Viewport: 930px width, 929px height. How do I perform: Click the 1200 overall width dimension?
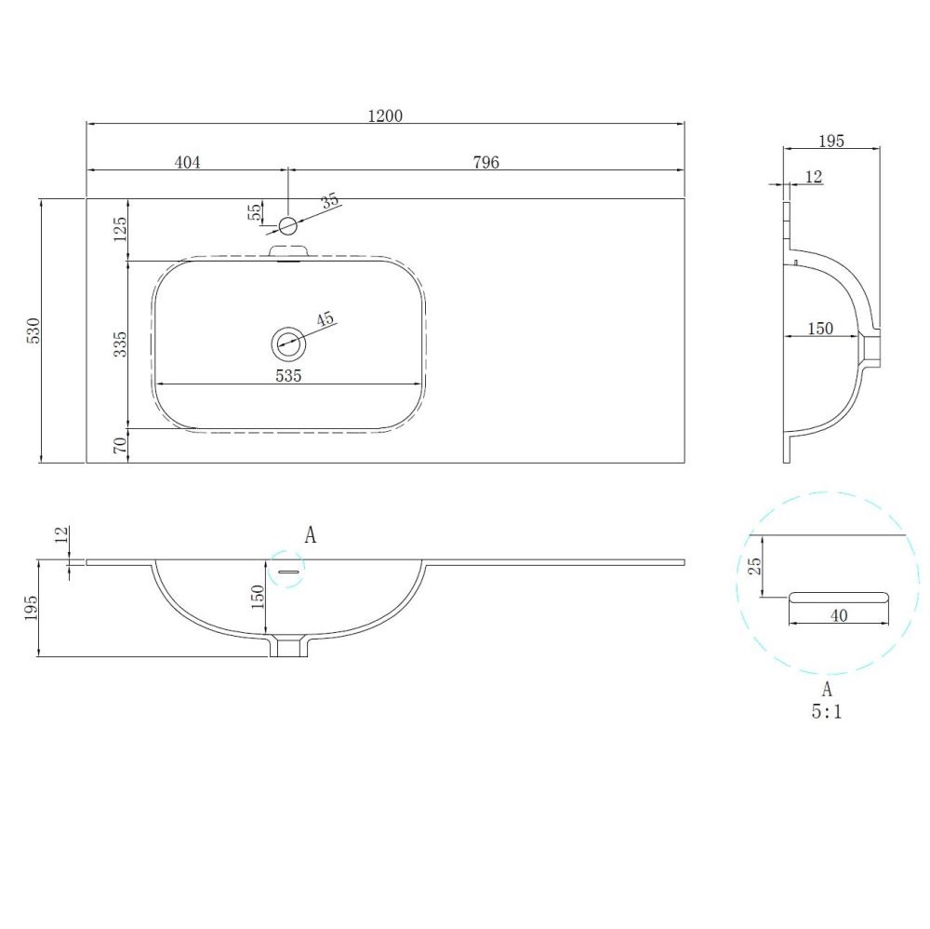click(386, 115)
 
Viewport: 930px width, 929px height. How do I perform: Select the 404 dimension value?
click(188, 162)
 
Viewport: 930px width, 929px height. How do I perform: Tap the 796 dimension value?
click(486, 162)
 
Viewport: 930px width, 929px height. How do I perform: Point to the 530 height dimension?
click(33, 330)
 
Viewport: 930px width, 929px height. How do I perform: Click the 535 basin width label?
click(288, 376)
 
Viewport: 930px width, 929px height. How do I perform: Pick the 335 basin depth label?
click(120, 344)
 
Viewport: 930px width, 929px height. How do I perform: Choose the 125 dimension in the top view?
click(120, 229)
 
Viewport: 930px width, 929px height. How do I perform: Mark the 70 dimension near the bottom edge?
click(120, 445)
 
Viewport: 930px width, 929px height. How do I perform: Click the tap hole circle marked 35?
click(287, 225)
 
